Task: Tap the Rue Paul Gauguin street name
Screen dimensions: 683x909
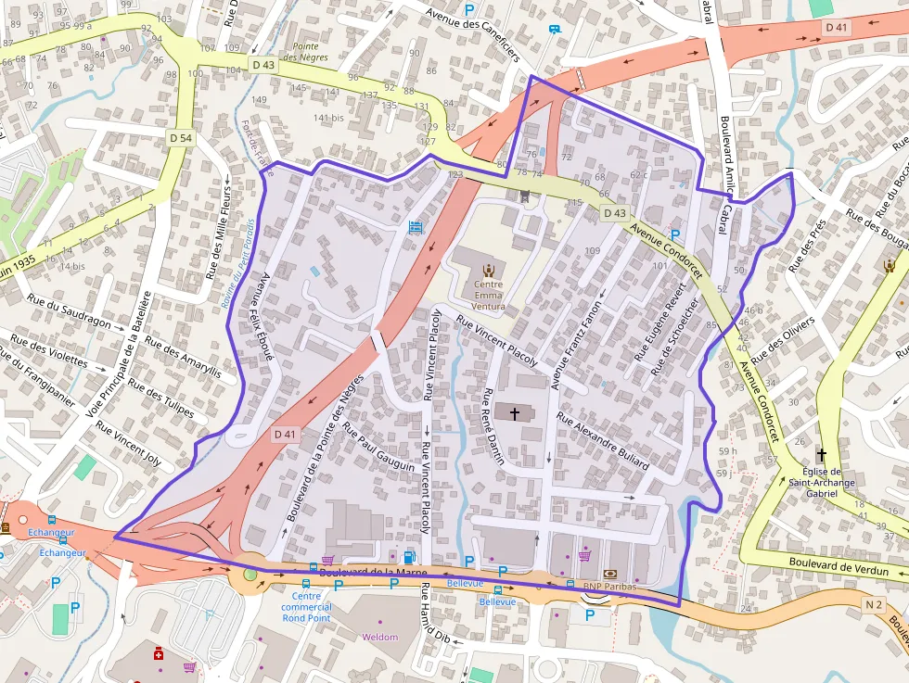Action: [378, 448]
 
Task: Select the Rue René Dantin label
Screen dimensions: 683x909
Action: [493, 426]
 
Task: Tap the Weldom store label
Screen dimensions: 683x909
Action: [380, 638]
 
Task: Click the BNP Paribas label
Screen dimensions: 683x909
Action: [607, 588]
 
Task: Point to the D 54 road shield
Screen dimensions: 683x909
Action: [181, 138]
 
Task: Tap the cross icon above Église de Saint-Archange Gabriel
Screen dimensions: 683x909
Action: [821, 455]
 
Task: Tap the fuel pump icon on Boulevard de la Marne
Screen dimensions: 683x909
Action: [409, 558]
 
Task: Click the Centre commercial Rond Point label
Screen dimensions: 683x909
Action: [306, 607]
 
